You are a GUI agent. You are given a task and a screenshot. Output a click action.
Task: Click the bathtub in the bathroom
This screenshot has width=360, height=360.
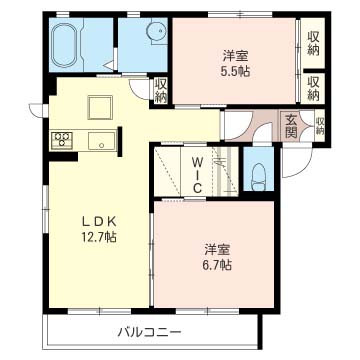pos(65,45)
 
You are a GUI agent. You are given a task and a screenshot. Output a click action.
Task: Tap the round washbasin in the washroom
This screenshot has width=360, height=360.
pos(157,33)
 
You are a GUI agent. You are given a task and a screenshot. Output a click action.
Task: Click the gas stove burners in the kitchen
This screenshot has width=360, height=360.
pos(62,140)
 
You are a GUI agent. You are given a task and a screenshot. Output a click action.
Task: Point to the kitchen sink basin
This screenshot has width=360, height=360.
pos(102,141)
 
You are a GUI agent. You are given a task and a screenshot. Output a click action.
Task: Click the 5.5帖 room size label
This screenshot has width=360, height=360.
pos(236,72)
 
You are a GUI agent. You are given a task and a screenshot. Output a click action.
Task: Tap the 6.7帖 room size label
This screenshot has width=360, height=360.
pos(218,265)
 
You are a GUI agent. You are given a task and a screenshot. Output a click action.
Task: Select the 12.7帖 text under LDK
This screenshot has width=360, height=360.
pos(100,237)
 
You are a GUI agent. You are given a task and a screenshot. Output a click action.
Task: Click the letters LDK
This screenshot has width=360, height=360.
pos(99,221)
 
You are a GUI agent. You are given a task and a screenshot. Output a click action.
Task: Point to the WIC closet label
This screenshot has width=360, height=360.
pos(197,176)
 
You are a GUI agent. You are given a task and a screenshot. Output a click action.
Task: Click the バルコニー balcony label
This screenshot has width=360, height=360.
pos(150,332)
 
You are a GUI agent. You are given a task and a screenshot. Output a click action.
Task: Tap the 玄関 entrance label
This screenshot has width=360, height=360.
pos(291,126)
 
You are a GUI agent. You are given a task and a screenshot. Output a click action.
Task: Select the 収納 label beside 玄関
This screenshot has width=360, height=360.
pos(320,126)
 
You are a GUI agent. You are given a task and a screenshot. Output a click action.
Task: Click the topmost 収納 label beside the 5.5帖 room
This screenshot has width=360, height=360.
pos(313,43)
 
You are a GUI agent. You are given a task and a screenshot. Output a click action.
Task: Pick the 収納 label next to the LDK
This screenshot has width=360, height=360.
pos(161,90)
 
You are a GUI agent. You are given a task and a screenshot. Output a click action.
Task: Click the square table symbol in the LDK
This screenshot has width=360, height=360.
pos(100,107)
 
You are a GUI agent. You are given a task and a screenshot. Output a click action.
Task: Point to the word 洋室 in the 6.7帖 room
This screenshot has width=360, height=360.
pos(218,250)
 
